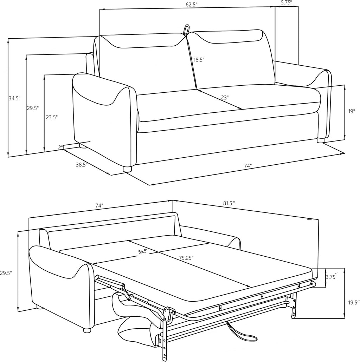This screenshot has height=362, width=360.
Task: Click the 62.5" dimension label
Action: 192,5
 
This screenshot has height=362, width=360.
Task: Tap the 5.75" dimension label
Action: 286,2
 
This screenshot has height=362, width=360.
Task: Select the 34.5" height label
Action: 14,98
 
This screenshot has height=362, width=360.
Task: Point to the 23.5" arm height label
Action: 52,117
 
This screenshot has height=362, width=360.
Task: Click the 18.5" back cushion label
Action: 199,60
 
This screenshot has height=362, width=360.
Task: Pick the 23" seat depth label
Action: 225,97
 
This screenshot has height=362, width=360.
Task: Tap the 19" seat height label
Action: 352,111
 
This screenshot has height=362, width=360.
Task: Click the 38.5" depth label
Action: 82,165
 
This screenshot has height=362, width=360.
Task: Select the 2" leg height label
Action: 60,147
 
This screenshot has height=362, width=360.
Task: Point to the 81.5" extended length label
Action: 229,203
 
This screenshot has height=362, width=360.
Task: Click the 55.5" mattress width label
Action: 143,251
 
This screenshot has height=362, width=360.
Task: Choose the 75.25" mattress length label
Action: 186,258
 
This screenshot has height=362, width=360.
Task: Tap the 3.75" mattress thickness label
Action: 332,277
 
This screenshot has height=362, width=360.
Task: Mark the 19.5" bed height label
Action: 354,302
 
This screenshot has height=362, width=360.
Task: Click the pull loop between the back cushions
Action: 186,30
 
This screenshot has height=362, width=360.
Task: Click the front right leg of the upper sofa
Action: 321,140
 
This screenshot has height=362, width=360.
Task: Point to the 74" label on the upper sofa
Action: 247,166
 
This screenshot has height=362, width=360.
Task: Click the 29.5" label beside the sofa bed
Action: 6,273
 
